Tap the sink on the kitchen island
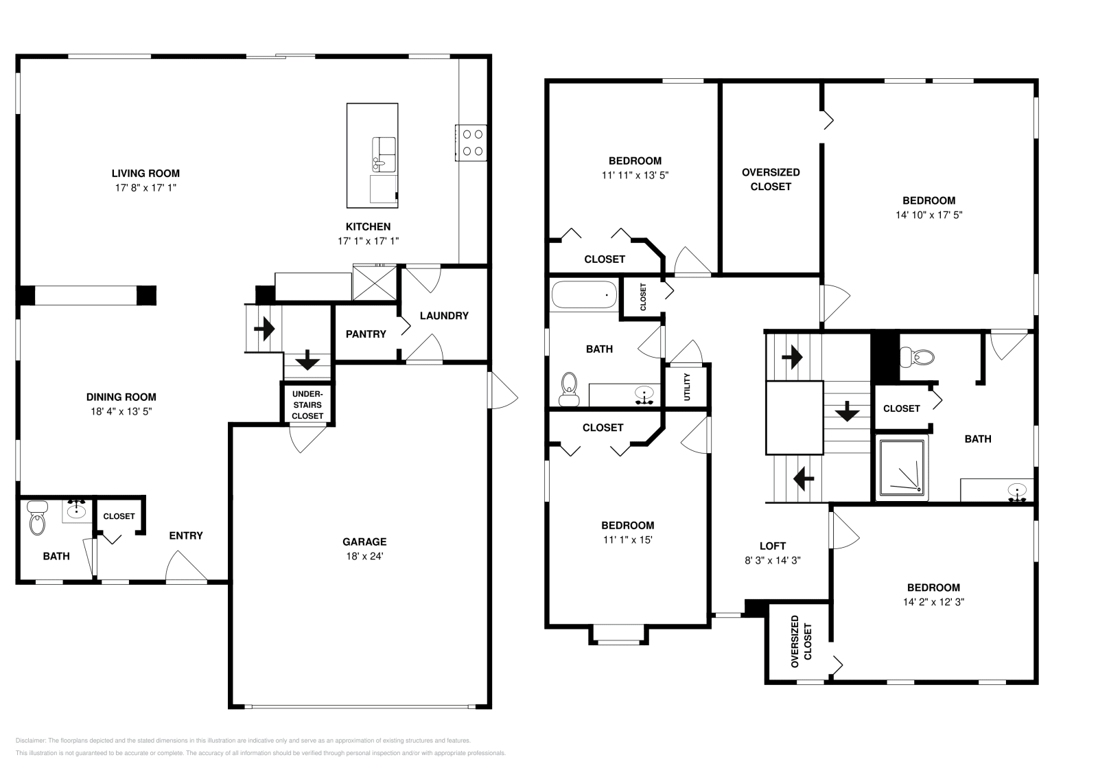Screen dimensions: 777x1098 [x=384, y=154]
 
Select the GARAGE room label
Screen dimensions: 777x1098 [x=365, y=542]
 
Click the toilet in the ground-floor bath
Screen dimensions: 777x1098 [x=36, y=519]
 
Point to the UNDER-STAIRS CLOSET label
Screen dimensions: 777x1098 [x=307, y=405]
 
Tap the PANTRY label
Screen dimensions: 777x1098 [x=365, y=334]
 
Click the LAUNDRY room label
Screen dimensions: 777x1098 [x=443, y=316]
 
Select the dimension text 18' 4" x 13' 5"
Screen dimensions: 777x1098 [x=121, y=411]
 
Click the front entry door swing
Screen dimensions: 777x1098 [x=185, y=568]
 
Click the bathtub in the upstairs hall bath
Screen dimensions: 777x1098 [x=584, y=295]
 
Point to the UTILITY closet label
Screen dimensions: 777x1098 [x=687, y=387]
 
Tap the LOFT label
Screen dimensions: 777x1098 [x=772, y=546]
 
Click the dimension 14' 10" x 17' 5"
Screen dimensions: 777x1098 [x=928, y=215]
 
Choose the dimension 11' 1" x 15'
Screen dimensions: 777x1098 [x=627, y=540]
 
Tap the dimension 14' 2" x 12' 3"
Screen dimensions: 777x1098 [x=933, y=602]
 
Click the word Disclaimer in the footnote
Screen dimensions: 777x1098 [x=30, y=741]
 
